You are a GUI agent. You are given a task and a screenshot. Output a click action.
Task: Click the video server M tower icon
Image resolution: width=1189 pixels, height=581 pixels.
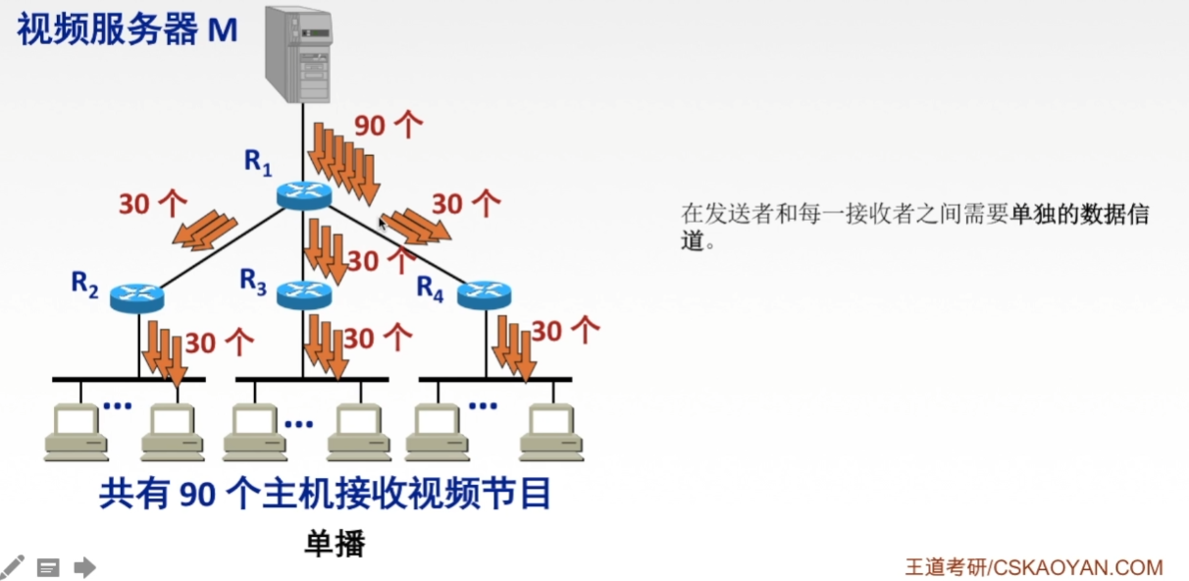point(298,55)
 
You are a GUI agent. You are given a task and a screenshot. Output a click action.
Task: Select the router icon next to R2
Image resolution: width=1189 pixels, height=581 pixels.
point(136,295)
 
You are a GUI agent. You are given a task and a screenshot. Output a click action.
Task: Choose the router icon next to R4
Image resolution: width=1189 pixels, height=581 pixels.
point(485,292)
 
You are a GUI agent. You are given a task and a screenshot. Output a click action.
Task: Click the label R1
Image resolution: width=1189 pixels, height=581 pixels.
point(258,162)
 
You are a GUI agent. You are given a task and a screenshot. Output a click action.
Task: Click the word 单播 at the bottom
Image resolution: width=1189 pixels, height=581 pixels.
point(335,543)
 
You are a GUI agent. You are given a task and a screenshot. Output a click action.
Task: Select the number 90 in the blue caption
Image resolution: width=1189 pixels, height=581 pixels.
point(197,495)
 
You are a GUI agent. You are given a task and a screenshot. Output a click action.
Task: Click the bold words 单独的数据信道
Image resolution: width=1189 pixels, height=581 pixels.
point(1079,215)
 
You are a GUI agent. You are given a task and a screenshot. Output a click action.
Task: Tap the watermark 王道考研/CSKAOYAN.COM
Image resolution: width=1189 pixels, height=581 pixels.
point(1033,567)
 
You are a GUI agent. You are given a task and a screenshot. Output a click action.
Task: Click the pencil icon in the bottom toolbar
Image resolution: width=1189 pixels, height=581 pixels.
point(13,566)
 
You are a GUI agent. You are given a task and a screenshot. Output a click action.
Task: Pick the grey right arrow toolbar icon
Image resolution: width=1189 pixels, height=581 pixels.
point(84,566)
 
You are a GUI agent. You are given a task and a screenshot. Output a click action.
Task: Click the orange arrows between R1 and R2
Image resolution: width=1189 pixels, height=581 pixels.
point(205,231)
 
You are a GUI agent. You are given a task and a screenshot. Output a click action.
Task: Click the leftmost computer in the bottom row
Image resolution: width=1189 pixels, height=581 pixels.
point(76,432)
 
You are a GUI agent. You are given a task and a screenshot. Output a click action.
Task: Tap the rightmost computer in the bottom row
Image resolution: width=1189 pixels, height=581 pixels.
point(551,432)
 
